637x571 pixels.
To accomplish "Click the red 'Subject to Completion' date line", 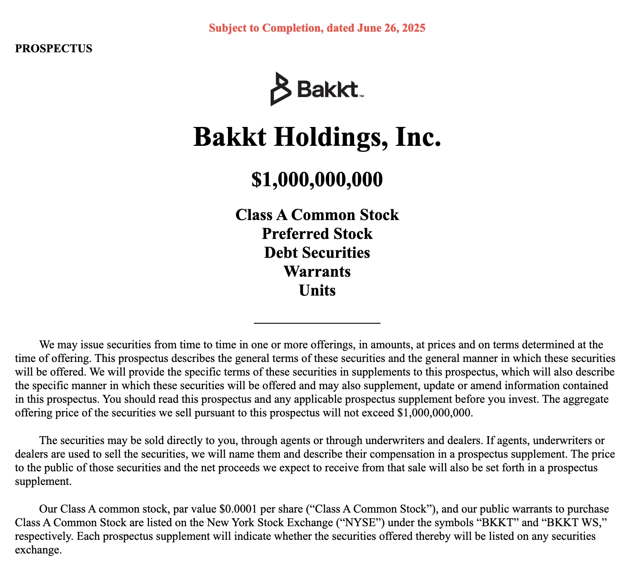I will click(317, 28).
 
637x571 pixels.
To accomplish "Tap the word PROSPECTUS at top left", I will click(54, 49).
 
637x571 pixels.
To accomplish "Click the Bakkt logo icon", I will click(280, 89).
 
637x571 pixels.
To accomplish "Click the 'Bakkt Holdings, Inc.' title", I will click(317, 137).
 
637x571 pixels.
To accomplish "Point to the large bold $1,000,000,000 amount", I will click(317, 180).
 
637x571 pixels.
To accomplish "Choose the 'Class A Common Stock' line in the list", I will click(317, 215).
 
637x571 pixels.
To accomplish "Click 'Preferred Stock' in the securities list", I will click(317, 234).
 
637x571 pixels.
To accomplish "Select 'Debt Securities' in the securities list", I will click(317, 253).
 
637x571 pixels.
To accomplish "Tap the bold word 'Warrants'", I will click(317, 271).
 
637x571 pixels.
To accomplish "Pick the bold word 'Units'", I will click(317, 290).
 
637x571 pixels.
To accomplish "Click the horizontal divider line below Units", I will click(317, 323).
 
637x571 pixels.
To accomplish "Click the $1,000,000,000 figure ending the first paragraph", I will click(434, 413).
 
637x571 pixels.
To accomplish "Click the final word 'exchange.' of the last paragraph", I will click(38, 550).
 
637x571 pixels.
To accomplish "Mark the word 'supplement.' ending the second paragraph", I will click(43, 481).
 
